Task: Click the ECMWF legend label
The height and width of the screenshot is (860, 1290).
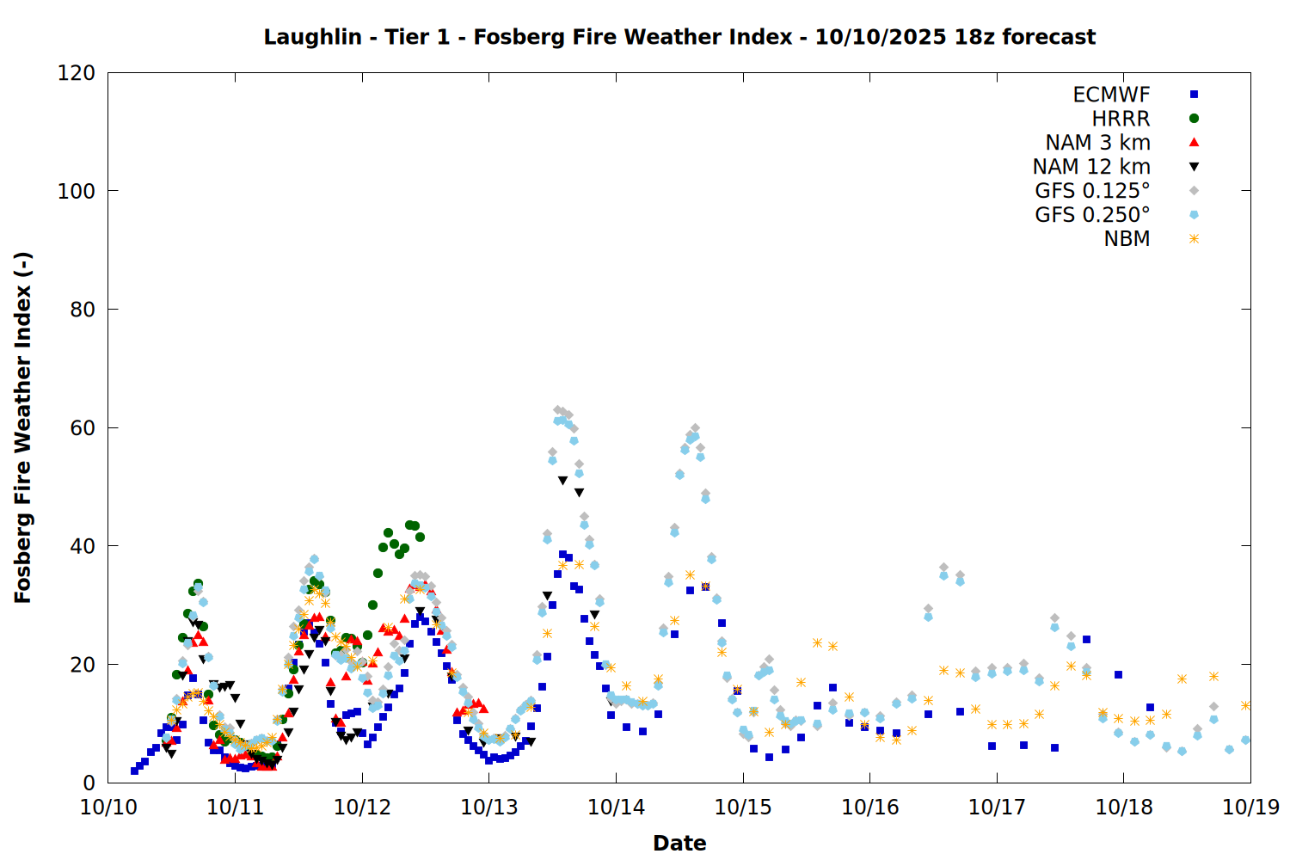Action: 1111,95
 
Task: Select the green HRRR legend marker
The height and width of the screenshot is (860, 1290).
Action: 1194,119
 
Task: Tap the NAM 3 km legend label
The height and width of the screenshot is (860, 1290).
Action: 1097,143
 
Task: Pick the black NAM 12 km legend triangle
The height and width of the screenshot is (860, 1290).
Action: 1194,167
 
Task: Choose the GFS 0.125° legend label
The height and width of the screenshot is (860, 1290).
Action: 1092,191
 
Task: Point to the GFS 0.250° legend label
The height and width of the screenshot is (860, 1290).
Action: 1092,215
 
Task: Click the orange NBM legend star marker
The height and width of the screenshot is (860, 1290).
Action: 1194,239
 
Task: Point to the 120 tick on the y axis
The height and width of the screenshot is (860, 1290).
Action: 77,73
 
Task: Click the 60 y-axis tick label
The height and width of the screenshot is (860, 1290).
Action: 83,428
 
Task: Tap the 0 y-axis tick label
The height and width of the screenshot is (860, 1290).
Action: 89,783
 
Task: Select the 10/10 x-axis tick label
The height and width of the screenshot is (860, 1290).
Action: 108,808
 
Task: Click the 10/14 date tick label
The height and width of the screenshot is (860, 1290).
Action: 616,808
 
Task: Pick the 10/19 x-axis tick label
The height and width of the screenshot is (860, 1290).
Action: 1250,808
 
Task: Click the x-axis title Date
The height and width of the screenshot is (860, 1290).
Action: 679,843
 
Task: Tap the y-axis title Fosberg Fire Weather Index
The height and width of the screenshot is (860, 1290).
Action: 23,427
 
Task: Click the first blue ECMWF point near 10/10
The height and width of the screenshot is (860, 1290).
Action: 134,771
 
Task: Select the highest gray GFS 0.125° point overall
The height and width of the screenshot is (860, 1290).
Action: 557,410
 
